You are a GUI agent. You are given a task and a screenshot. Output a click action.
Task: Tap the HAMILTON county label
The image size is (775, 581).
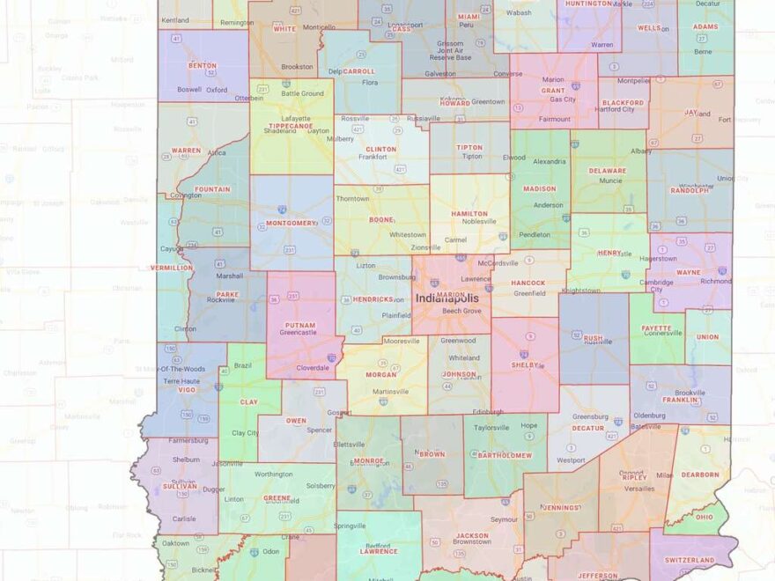pos(469,214)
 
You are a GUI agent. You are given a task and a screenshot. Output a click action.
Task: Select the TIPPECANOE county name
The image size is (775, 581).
pos(290,126)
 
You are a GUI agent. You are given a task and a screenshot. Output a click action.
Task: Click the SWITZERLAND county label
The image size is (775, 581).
pos(690,560)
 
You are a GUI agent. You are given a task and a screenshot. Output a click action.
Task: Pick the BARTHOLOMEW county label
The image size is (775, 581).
pos(505,455)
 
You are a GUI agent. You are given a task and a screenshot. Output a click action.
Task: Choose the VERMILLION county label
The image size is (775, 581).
pos(171,268)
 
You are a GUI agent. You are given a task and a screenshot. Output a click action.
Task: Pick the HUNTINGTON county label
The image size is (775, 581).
pos(589,4)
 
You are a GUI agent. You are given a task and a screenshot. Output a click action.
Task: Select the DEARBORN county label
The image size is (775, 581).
pos(701,474)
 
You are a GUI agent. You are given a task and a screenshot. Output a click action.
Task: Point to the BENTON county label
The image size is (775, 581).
pos(203,66)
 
